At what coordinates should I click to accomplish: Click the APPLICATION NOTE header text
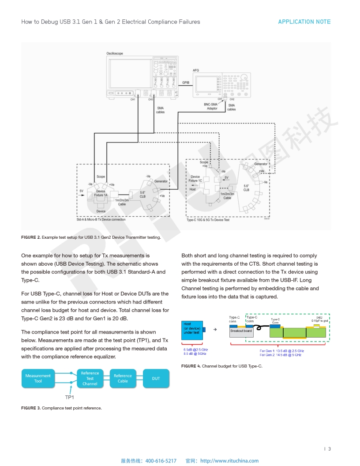click(x=304, y=22)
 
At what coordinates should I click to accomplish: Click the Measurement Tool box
click(x=38, y=378)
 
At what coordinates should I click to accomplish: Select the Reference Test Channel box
click(x=90, y=378)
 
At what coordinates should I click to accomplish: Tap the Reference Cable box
click(x=123, y=378)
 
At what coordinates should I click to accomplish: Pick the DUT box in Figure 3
click(x=156, y=378)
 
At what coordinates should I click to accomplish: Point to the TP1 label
click(x=69, y=397)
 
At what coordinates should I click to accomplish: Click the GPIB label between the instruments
click(x=186, y=83)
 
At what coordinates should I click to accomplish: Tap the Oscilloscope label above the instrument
click(x=115, y=53)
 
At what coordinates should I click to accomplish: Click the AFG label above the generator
click(x=196, y=70)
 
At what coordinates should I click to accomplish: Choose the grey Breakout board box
click(x=241, y=331)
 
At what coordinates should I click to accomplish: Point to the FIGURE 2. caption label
click(x=30, y=237)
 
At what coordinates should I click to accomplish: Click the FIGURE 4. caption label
click(x=191, y=366)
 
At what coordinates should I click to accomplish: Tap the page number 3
click(x=329, y=449)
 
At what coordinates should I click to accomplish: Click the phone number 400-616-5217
click(x=161, y=461)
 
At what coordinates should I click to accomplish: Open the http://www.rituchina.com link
click(x=229, y=461)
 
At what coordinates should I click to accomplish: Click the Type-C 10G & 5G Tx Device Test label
click(x=208, y=220)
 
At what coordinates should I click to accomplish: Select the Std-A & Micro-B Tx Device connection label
click(x=101, y=219)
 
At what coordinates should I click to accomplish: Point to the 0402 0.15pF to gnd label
click(x=319, y=319)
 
